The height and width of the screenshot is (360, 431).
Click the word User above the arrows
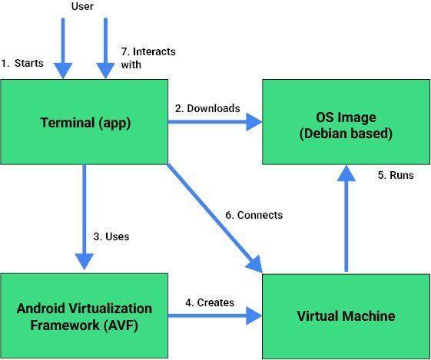(x=82, y=6)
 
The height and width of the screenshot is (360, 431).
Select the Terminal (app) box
(x=85, y=122)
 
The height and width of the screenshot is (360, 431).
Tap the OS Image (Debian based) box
(x=346, y=122)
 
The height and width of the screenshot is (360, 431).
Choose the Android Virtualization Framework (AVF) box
(x=85, y=315)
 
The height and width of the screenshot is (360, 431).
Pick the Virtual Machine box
(x=346, y=316)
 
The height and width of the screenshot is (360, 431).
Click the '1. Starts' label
(x=22, y=63)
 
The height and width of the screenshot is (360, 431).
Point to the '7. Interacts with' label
(x=148, y=58)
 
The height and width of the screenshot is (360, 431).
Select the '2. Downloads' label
(x=207, y=108)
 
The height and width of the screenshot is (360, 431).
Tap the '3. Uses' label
(x=111, y=236)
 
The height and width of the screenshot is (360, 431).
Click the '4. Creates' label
(x=210, y=302)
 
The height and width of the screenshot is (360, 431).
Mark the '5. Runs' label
(x=396, y=175)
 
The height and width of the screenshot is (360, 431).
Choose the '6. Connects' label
(x=254, y=215)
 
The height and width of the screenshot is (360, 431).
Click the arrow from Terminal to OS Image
(x=215, y=122)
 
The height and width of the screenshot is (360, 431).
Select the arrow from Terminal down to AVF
(x=85, y=217)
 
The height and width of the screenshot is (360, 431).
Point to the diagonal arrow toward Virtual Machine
(x=215, y=218)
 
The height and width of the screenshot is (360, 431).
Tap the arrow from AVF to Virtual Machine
(x=215, y=315)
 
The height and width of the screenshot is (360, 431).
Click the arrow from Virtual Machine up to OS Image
(x=346, y=218)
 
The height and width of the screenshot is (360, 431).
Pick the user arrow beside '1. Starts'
(x=63, y=48)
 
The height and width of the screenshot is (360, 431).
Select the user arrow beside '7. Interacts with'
(x=105, y=48)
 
